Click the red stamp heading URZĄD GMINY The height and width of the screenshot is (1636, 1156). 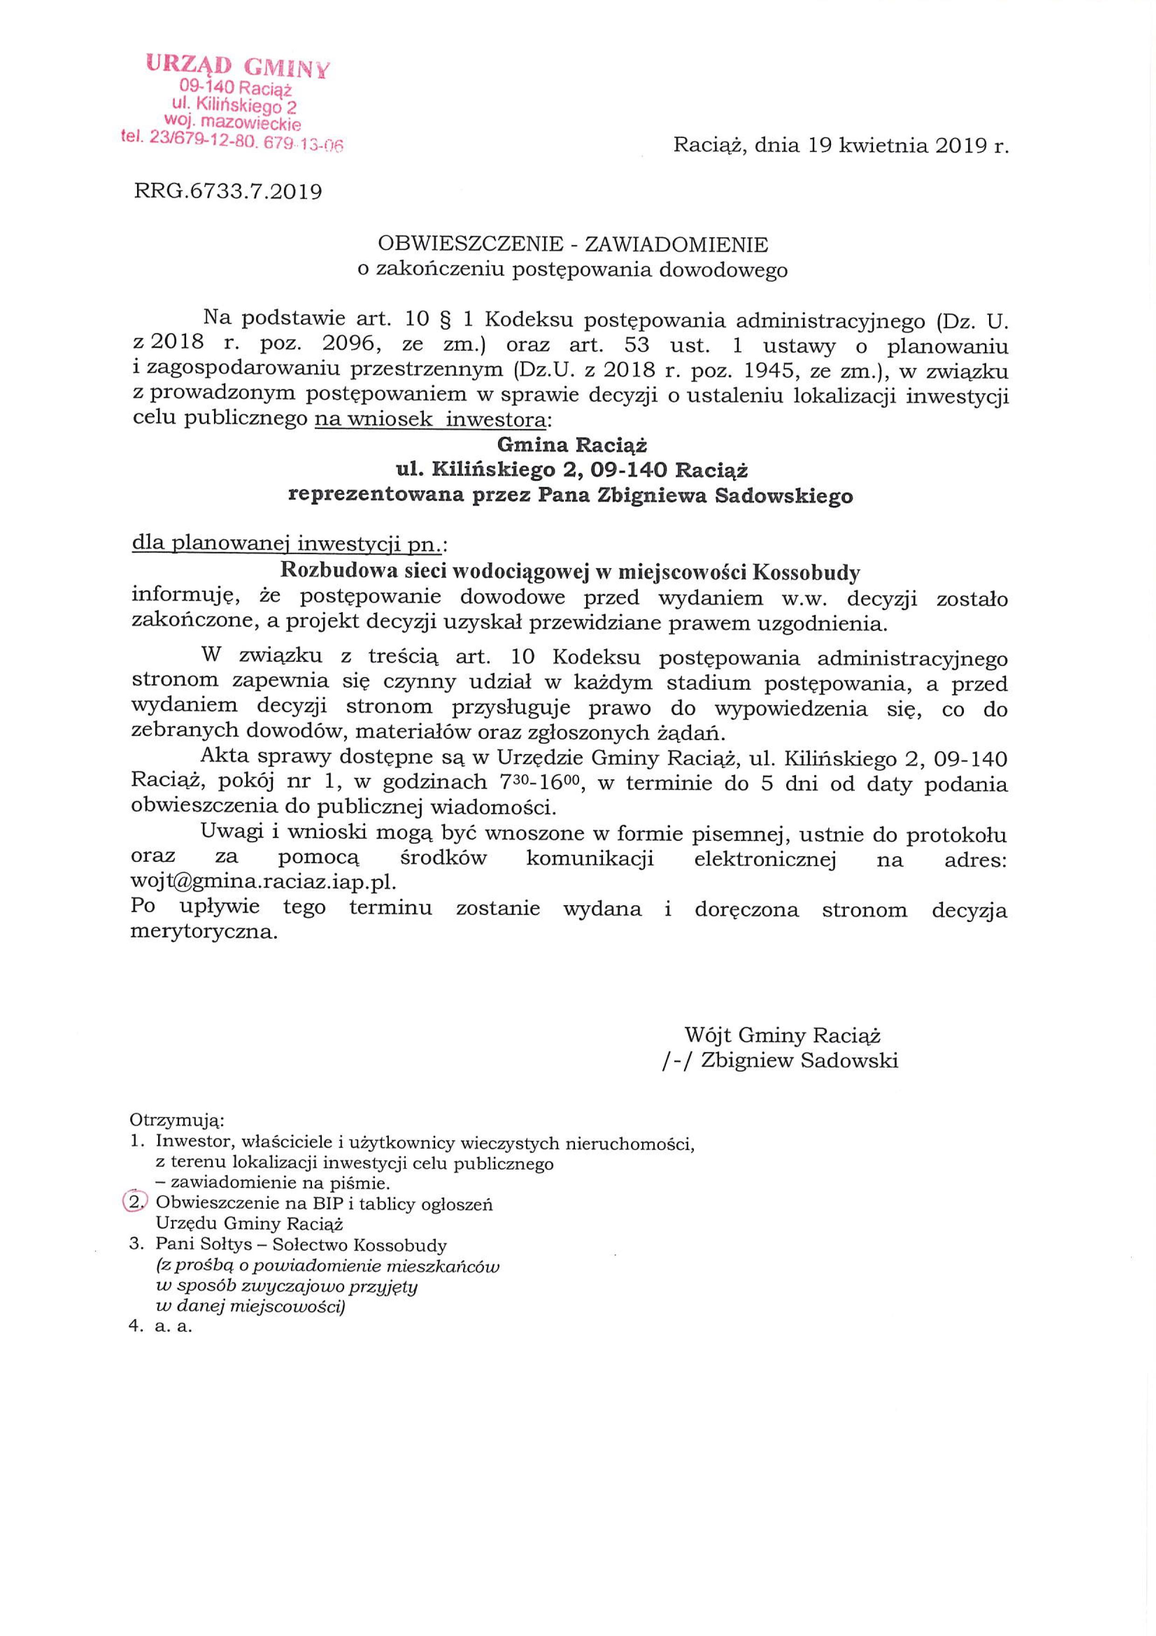tap(239, 66)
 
